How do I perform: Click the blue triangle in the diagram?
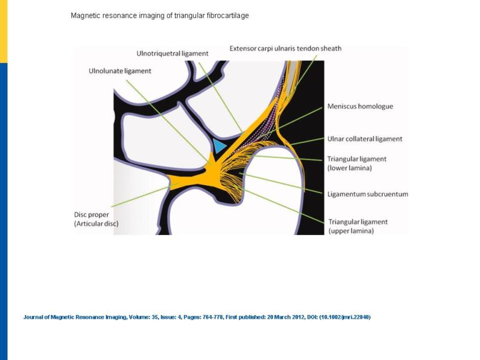[x=219, y=146]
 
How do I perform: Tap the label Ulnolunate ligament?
[x=120, y=71]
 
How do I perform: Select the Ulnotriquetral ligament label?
[x=172, y=54]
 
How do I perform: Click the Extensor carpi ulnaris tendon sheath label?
[x=285, y=48]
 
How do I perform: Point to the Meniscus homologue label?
[x=360, y=106]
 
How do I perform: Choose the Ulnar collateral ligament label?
[x=365, y=139]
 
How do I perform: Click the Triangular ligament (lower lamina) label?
[x=357, y=164]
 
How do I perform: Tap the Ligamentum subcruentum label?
[x=367, y=194]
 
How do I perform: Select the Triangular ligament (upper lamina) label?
[x=358, y=226]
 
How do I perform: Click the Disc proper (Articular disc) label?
[x=96, y=219]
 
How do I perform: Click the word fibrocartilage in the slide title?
[x=227, y=16]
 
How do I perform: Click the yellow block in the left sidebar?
[x=4, y=31]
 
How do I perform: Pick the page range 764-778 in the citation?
[x=212, y=317]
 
